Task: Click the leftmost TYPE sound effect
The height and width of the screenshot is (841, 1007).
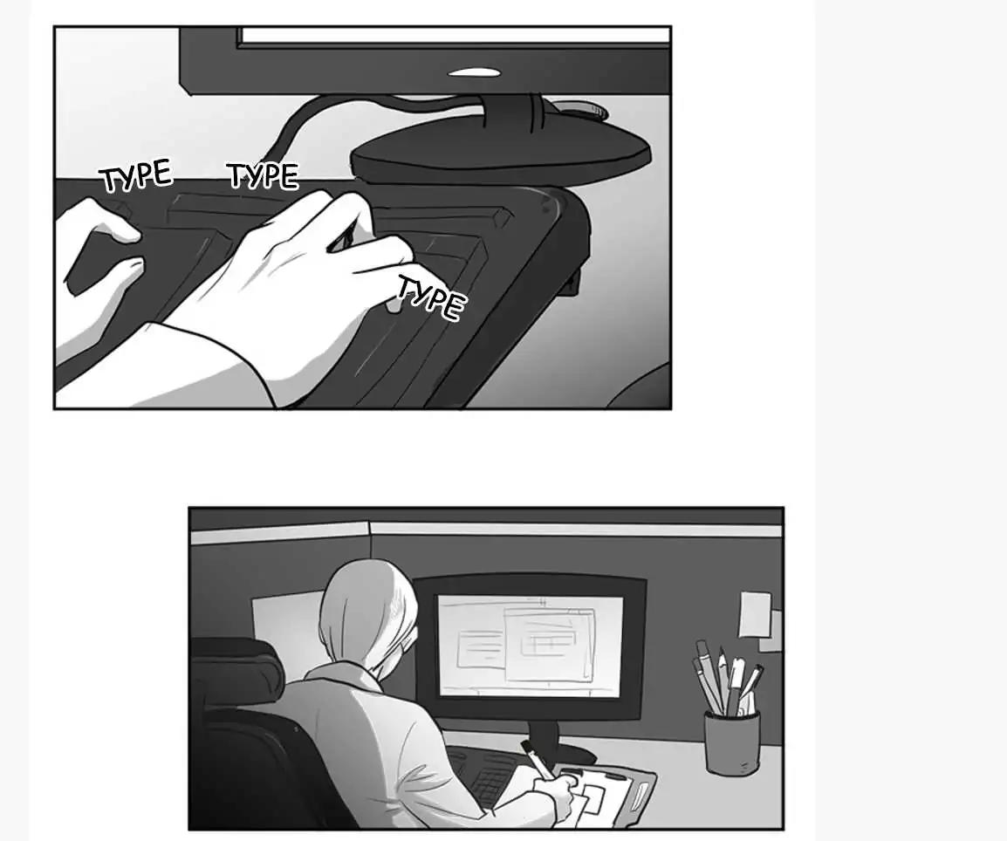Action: pos(136,175)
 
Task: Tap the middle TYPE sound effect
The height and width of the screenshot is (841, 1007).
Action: pos(264,175)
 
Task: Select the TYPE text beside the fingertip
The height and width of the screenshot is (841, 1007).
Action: pos(429,297)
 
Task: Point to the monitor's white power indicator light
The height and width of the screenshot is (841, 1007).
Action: pos(474,72)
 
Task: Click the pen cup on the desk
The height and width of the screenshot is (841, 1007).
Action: pos(731,742)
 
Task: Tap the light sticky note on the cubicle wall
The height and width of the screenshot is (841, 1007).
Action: pos(755,614)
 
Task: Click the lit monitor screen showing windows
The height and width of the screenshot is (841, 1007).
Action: pos(530,646)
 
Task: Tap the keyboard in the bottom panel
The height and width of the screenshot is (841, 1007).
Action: pos(488,774)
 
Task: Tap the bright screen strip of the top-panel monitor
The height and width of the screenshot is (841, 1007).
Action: pos(454,36)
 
